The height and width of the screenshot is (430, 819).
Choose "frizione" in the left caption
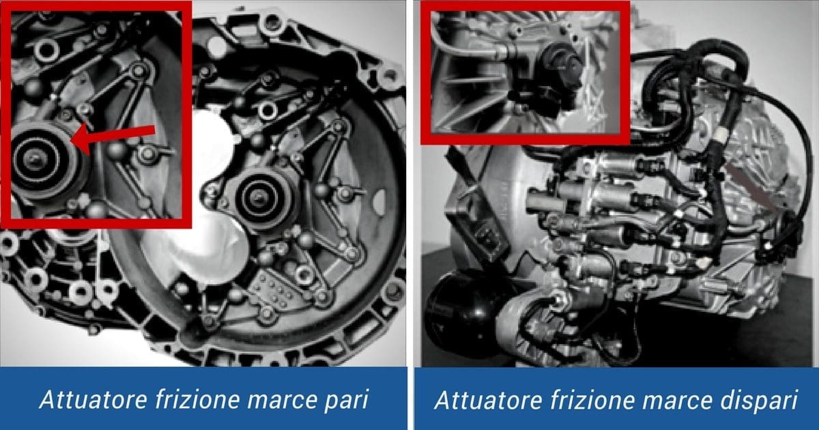(x=189, y=400)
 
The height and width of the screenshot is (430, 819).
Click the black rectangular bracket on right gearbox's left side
(x=478, y=231)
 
